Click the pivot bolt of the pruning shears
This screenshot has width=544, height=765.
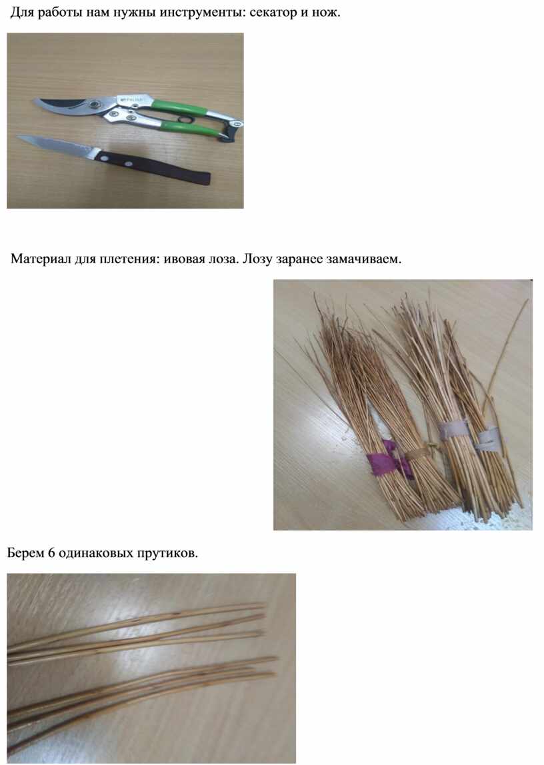(x=95, y=104)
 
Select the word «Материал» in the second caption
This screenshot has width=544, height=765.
(x=41, y=259)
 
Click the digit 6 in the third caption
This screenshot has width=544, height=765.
(x=51, y=553)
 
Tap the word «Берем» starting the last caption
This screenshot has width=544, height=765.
(x=25, y=553)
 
